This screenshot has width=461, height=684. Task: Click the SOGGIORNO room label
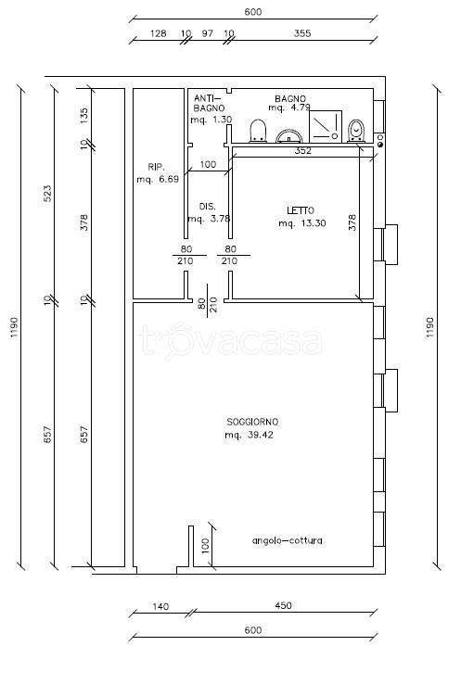tap(252, 422)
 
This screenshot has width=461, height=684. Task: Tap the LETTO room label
tap(301, 210)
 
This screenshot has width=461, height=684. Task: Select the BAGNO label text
tap(290, 98)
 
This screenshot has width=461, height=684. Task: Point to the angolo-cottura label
tap(288, 540)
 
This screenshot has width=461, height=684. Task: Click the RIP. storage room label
tap(156, 167)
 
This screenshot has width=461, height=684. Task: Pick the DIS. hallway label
tap(208, 207)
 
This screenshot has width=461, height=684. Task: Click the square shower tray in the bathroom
tap(326, 126)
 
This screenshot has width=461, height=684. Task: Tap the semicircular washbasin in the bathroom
tap(289, 136)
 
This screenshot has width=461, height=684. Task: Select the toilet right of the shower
tap(357, 131)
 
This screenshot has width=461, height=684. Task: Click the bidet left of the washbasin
tap(258, 131)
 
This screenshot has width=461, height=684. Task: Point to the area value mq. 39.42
tap(249, 435)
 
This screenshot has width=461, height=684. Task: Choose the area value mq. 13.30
tap(302, 223)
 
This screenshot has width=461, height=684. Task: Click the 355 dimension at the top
tap(302, 33)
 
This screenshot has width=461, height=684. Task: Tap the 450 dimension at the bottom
tap(283, 605)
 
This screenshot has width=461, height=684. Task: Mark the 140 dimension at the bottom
tap(160, 606)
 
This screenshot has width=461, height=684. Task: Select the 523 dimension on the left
tap(47, 194)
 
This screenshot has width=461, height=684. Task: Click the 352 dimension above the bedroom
tap(302, 151)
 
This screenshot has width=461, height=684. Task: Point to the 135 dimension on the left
tap(83, 114)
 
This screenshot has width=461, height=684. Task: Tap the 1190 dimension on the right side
tap(430, 327)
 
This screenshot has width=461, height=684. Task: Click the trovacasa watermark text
tap(230, 341)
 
